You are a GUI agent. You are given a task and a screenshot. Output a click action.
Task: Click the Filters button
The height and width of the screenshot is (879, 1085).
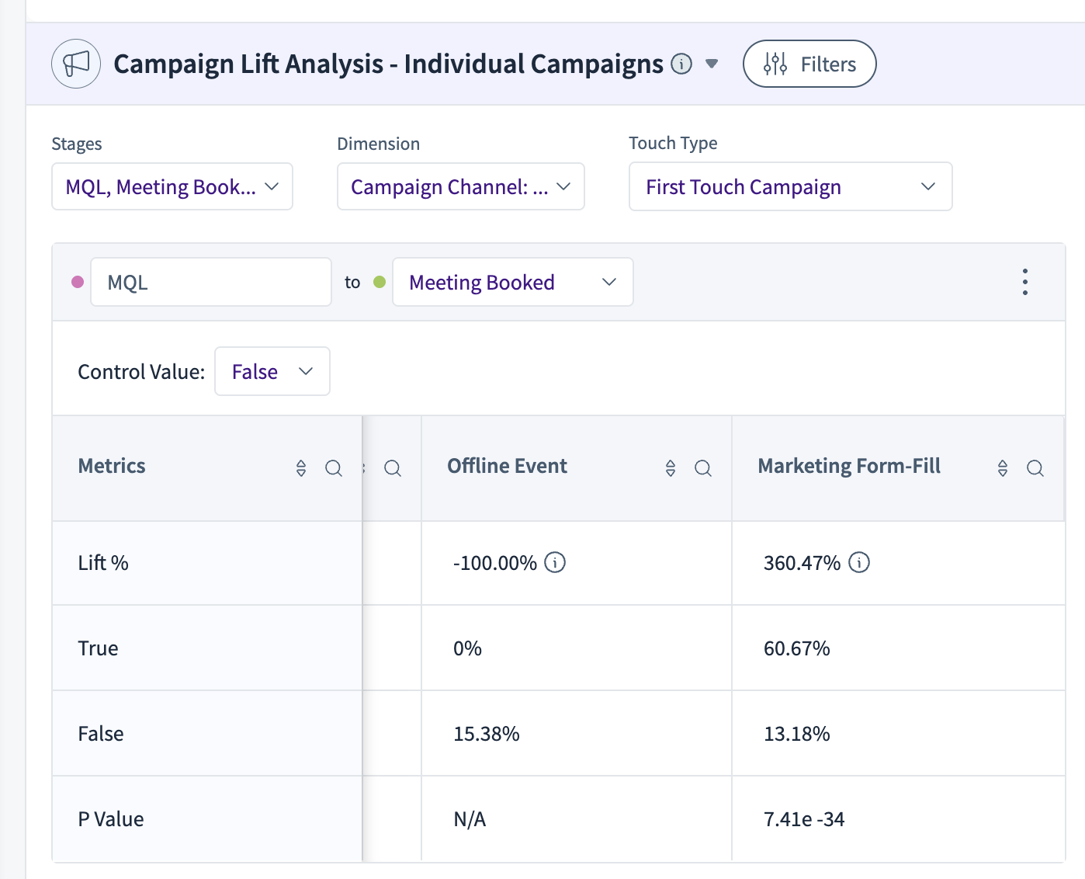click(809, 64)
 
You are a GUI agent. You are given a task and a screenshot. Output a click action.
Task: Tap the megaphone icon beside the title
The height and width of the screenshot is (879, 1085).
click(76, 64)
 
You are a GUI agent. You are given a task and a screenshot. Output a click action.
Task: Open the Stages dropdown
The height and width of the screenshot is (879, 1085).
click(172, 186)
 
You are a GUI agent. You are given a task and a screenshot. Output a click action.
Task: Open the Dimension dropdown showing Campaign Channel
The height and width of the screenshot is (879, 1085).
click(460, 186)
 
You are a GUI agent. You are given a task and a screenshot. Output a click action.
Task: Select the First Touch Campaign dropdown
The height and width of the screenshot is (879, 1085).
click(791, 186)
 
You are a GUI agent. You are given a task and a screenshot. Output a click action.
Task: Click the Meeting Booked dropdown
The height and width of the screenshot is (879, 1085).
click(512, 282)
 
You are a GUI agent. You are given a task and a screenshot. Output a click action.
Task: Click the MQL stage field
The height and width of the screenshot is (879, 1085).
click(211, 282)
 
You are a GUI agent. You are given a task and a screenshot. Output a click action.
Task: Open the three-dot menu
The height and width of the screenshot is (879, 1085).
click(1025, 282)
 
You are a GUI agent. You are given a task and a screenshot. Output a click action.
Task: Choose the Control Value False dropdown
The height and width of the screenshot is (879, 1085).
click(272, 371)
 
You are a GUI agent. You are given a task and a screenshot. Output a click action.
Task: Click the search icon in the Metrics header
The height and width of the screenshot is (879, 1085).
click(334, 467)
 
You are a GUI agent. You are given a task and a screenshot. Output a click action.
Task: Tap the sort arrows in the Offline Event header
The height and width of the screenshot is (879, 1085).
click(671, 467)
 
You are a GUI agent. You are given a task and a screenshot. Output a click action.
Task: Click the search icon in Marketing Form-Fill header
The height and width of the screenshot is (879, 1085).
click(1035, 467)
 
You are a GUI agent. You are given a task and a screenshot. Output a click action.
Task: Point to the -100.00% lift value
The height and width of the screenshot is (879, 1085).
click(494, 563)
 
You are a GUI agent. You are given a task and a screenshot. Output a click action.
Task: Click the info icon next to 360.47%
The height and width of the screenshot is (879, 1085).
click(859, 562)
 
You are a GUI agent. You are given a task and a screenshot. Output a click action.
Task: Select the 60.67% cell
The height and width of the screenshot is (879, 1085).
click(797, 648)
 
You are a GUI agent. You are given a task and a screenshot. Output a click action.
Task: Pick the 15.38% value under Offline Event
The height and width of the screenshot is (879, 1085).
click(487, 734)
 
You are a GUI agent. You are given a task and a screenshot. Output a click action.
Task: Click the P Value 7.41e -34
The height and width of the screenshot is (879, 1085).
click(804, 819)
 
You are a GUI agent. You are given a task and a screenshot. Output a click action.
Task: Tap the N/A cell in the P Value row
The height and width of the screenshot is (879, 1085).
click(470, 819)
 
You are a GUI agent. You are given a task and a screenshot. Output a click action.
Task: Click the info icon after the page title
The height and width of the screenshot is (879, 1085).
click(681, 64)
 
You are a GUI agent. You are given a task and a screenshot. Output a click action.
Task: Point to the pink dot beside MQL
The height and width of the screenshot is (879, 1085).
click(78, 282)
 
